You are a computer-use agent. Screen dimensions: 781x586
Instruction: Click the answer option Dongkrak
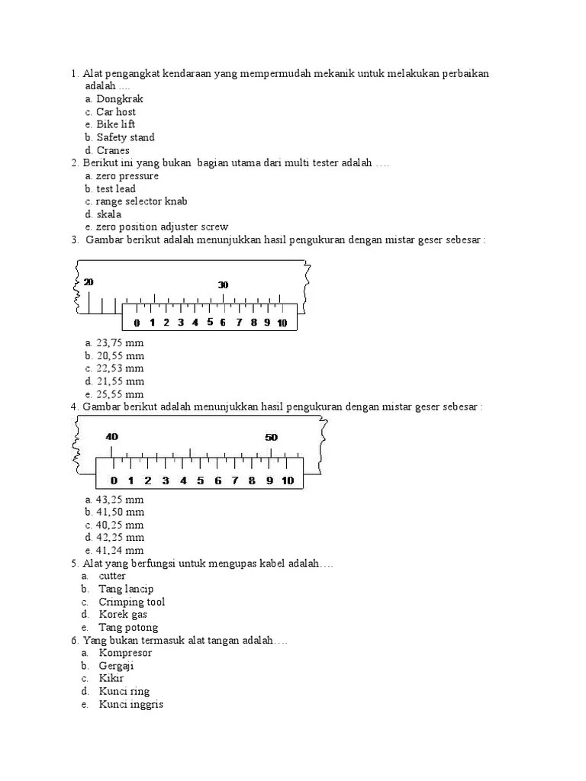point(119,99)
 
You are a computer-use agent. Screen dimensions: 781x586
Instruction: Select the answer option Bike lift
point(116,124)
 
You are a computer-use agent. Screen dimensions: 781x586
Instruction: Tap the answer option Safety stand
point(125,137)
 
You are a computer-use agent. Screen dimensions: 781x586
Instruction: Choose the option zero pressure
point(127,176)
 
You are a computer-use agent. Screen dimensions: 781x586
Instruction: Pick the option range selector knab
point(141,201)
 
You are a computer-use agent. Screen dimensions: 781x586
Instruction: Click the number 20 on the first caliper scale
point(89,282)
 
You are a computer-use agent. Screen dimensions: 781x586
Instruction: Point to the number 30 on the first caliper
point(223,284)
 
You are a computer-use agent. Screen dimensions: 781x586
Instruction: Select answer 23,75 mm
point(120,342)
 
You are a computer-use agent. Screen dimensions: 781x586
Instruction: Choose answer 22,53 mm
point(120,368)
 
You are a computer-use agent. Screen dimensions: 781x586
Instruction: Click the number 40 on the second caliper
point(112,437)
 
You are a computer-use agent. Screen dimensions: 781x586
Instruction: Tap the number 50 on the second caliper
point(271,437)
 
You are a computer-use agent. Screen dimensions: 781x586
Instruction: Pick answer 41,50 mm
point(120,512)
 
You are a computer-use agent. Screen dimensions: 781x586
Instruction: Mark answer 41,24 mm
point(120,551)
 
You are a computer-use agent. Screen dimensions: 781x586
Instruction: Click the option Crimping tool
point(131,602)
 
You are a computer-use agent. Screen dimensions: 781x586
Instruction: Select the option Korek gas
point(123,615)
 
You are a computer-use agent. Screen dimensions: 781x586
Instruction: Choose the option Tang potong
point(128,628)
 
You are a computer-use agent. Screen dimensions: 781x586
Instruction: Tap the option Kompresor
point(125,653)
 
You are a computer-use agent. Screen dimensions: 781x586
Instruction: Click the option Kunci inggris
point(130,704)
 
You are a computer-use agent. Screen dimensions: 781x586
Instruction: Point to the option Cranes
point(113,150)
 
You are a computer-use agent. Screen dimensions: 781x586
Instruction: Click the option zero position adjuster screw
point(162,227)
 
